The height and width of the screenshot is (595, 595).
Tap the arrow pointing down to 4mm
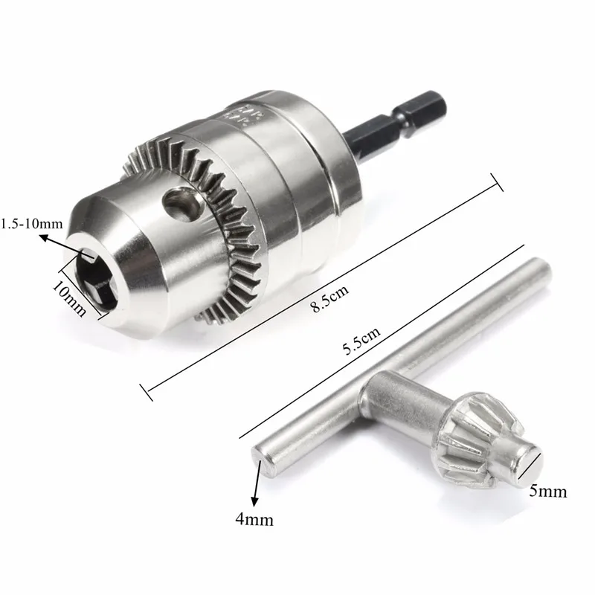tap(257, 486)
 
